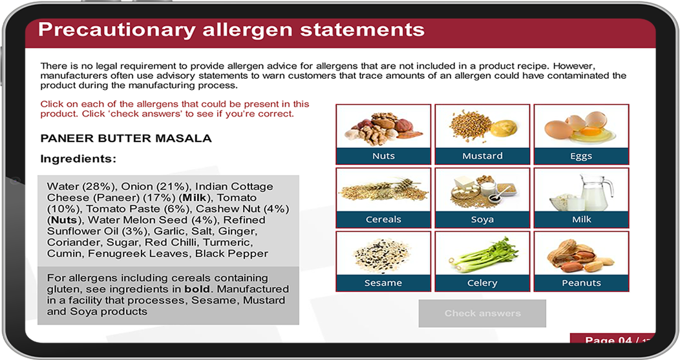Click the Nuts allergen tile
click(383, 134)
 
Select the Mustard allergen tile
click(482, 134)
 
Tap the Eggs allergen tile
click(581, 134)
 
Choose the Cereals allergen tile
click(383, 198)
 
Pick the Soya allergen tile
click(482, 198)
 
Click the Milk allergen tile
click(581, 198)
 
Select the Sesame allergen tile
click(383, 261)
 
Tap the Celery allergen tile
click(482, 261)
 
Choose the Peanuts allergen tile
click(581, 261)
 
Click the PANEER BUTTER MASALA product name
click(126, 138)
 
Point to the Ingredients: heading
click(78, 159)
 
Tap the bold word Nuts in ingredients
click(64, 220)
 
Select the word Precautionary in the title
click(116, 30)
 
